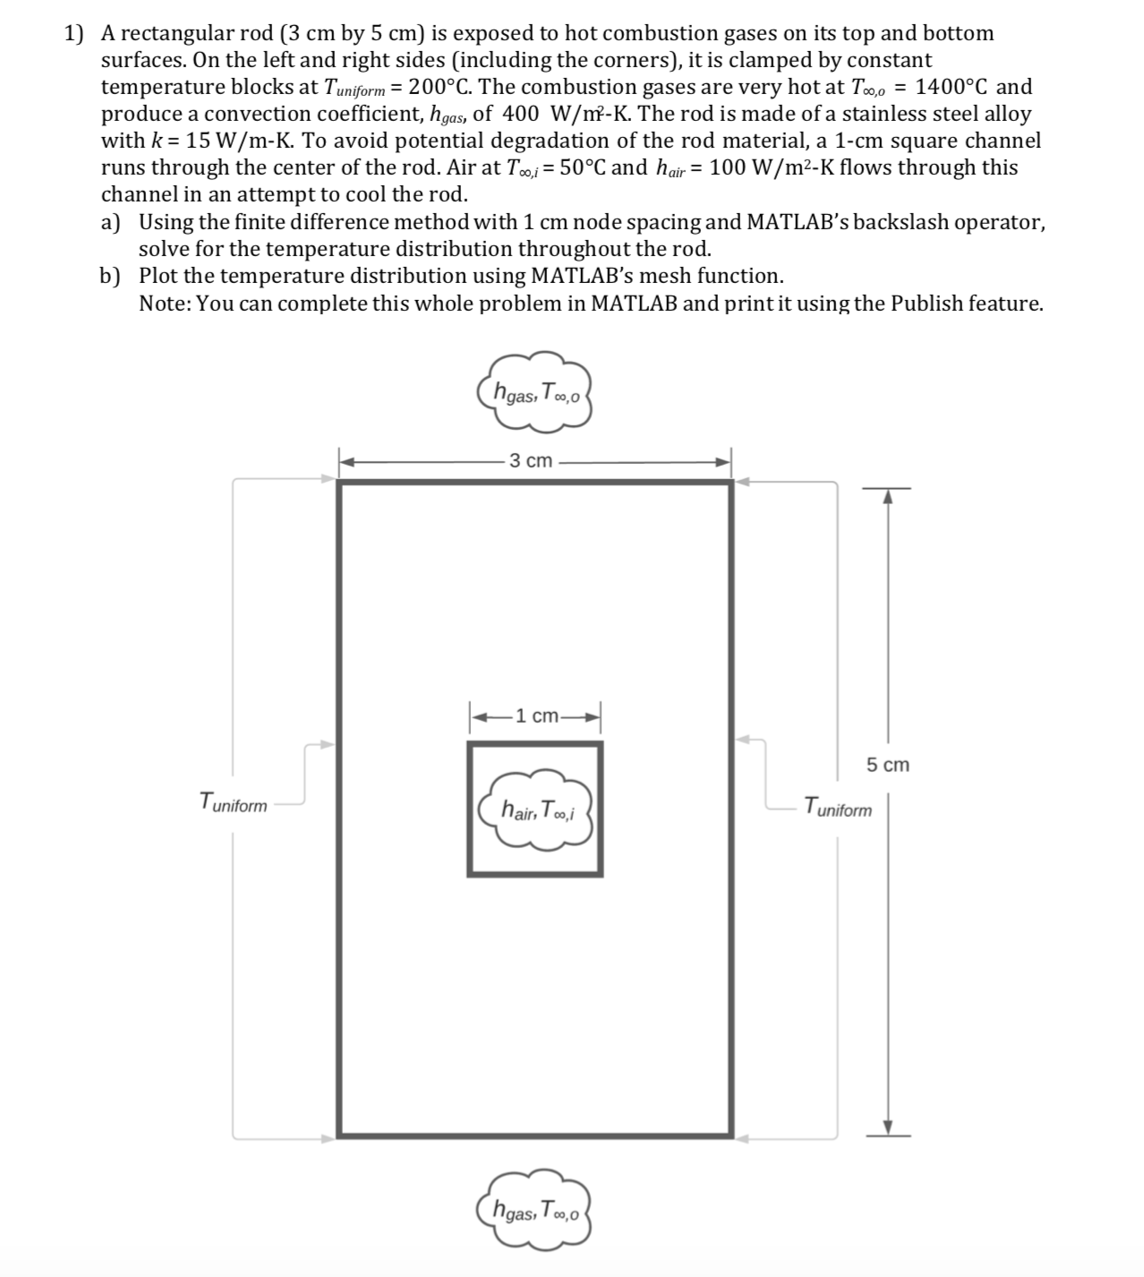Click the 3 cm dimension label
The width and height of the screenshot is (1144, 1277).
pyautogui.click(x=531, y=461)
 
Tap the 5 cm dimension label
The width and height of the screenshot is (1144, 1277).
pyautogui.click(x=887, y=765)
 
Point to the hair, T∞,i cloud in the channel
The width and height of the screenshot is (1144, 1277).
pyautogui.click(x=535, y=811)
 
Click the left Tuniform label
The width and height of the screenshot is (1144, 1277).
pyautogui.click(x=233, y=802)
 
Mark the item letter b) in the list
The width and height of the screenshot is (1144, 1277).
pyautogui.click(x=112, y=276)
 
